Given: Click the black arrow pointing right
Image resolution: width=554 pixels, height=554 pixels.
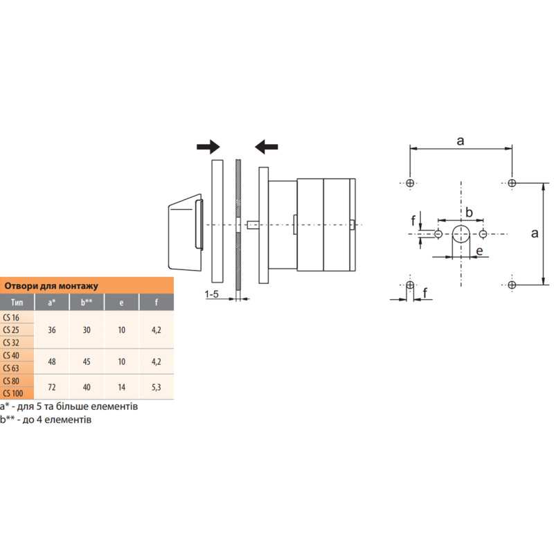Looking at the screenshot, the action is [x=208, y=147].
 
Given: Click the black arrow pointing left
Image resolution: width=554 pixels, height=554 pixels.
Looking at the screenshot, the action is [x=267, y=147].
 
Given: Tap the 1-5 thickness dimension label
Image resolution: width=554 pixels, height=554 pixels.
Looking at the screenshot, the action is [x=212, y=294].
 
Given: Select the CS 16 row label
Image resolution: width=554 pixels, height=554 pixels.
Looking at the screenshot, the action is [x=11, y=317].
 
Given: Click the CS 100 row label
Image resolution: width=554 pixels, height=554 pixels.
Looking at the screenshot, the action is [x=13, y=393].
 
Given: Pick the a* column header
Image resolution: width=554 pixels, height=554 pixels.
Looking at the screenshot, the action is [x=52, y=303].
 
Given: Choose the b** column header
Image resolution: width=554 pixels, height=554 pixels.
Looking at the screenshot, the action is [x=87, y=303].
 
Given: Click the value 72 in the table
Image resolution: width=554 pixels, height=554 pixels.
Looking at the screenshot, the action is [x=52, y=387].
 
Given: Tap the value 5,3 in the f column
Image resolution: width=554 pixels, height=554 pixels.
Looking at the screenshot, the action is [x=157, y=387].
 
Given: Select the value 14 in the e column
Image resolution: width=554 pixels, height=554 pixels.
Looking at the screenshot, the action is [x=122, y=387].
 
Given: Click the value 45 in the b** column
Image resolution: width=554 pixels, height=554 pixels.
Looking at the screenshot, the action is [x=87, y=361].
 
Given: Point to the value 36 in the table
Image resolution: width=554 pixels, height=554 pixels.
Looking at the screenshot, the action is [x=52, y=330].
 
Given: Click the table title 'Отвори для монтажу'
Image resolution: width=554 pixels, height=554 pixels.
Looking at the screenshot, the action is [x=51, y=286].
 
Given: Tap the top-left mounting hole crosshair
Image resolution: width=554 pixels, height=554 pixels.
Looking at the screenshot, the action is [x=410, y=183].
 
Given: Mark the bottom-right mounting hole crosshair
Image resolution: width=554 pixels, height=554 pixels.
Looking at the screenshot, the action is [x=512, y=285].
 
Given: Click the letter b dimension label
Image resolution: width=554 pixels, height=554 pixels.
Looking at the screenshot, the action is [x=470, y=213].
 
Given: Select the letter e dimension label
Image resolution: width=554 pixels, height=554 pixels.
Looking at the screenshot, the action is [x=479, y=251].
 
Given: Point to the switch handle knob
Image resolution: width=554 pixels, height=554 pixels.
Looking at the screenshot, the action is [x=186, y=233].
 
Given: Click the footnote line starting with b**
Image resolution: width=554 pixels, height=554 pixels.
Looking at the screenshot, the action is [x=46, y=420].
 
